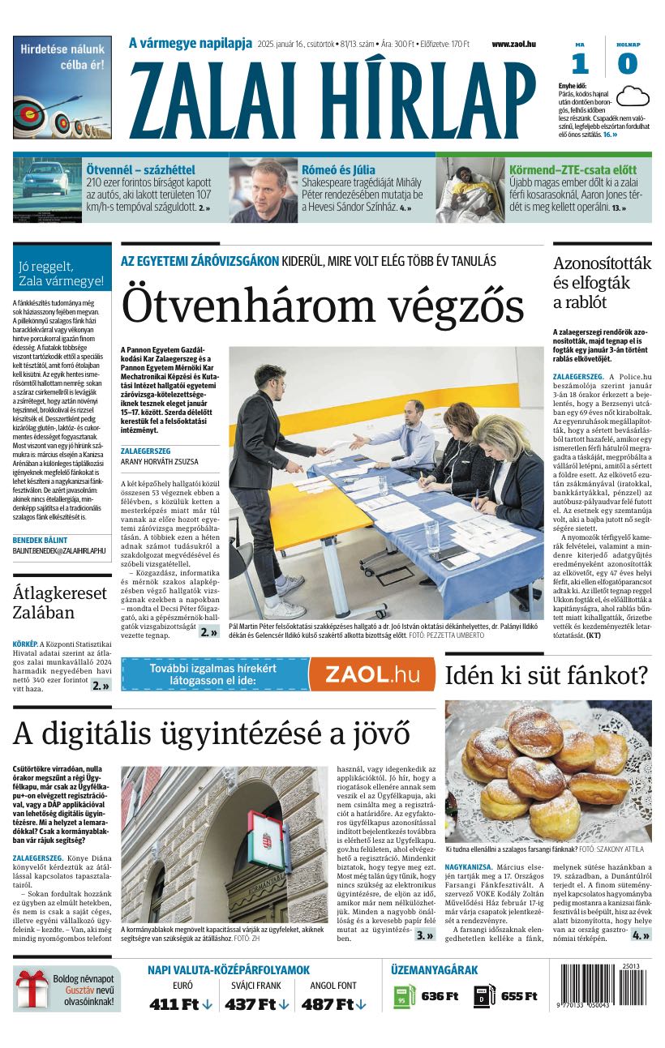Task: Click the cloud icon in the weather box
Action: coord(633,96)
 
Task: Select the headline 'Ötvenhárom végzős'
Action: coord(322,307)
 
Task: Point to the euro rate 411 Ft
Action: coord(174,1004)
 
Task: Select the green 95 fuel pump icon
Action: coord(403,996)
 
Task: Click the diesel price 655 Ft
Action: coord(519,996)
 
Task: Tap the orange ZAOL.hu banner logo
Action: coord(371,674)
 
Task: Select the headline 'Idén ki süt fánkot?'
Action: coord(546,675)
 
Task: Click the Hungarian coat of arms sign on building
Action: coord(263,839)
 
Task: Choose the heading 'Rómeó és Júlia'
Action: coord(338,170)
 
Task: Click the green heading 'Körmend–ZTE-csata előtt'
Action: coord(573,170)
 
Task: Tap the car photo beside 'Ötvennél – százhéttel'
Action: coord(46,190)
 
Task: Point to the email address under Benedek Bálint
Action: coord(59,550)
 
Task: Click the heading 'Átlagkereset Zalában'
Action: coord(61,602)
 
